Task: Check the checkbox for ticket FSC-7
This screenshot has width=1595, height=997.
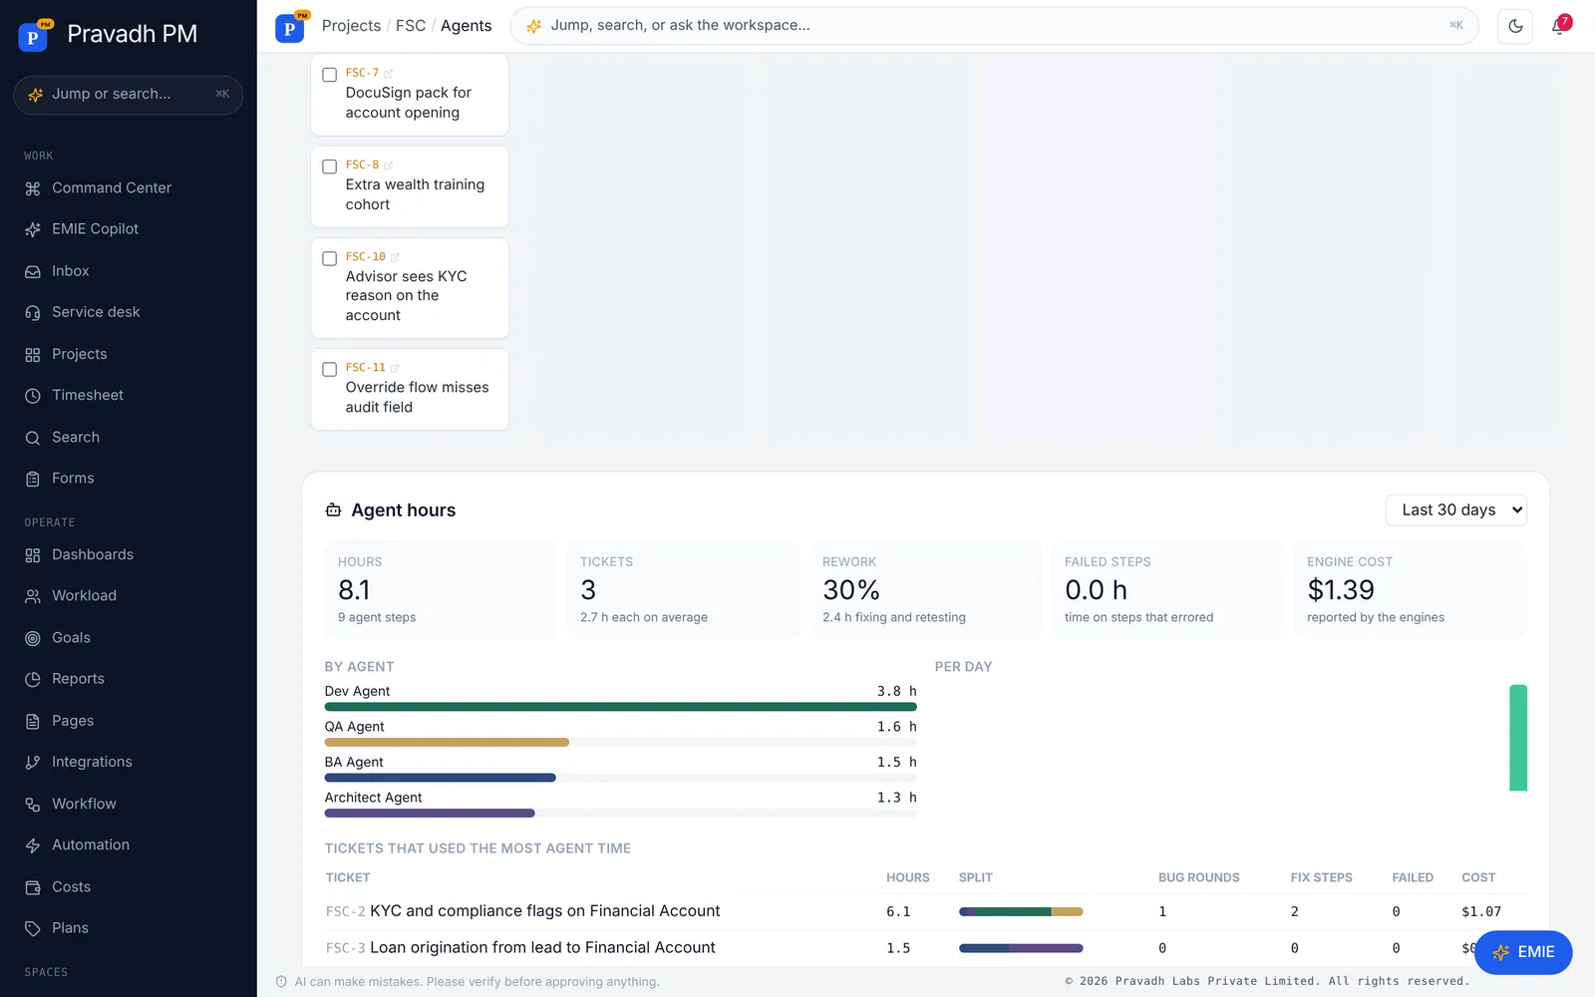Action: (329, 75)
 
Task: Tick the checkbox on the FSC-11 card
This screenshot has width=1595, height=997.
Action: (329, 370)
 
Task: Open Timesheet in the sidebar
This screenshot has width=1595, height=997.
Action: (88, 395)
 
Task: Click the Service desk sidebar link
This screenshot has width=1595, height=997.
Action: (96, 312)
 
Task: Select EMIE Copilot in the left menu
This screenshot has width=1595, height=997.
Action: (95, 229)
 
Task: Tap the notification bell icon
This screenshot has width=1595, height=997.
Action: (1558, 26)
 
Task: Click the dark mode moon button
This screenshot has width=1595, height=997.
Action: (1515, 26)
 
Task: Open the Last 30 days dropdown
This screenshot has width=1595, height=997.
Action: (1456, 509)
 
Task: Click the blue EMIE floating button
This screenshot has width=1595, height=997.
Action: (1523, 952)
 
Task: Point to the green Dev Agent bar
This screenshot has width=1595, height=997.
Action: (620, 707)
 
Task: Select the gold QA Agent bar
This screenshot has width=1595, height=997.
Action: (447, 743)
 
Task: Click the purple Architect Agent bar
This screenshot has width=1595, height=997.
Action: (430, 814)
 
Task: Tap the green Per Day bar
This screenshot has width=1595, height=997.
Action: (1518, 738)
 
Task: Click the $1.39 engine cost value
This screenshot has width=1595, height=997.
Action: (1341, 589)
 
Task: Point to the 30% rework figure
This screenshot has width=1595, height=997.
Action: (851, 589)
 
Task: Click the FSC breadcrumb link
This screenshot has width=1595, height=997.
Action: (410, 26)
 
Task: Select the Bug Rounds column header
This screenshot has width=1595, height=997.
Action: (1198, 877)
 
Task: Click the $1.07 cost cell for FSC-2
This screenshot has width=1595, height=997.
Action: (1481, 911)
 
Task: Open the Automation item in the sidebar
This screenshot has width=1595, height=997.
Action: (91, 845)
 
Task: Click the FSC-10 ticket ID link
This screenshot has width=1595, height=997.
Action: (365, 256)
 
